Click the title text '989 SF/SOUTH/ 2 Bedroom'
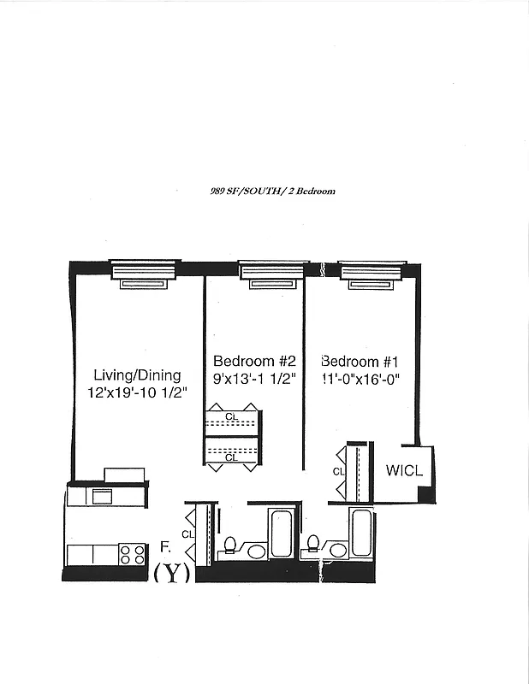tap(272, 192)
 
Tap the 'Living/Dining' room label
tap(137, 374)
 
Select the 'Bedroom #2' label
tap(254, 361)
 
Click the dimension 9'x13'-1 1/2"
tap(254, 378)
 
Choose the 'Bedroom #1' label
tap(360, 361)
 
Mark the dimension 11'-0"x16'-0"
tap(360, 378)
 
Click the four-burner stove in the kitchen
tap(133, 554)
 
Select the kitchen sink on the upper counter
tap(102, 495)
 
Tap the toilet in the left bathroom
tap(230, 545)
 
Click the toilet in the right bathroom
tap(314, 545)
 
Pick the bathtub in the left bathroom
tap(281, 533)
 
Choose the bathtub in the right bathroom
tap(362, 533)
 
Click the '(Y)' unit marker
tap(171, 574)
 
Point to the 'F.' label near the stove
tap(165, 545)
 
